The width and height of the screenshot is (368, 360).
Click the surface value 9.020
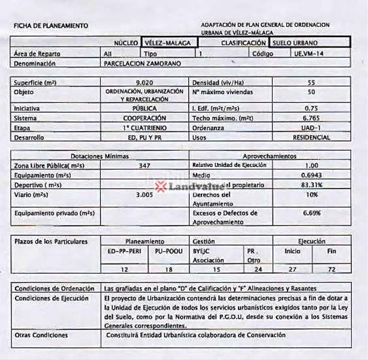click(143, 82)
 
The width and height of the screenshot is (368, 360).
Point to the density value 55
click(310, 82)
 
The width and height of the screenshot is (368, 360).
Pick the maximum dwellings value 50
click(310, 92)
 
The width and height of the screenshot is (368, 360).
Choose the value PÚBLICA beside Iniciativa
click(144, 108)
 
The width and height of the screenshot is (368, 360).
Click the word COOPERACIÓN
click(144, 118)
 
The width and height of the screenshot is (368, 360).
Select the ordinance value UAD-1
click(310, 128)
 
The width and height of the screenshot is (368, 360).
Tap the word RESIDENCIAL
click(310, 137)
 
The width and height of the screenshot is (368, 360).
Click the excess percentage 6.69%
click(310, 213)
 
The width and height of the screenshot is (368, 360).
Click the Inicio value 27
click(292, 270)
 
